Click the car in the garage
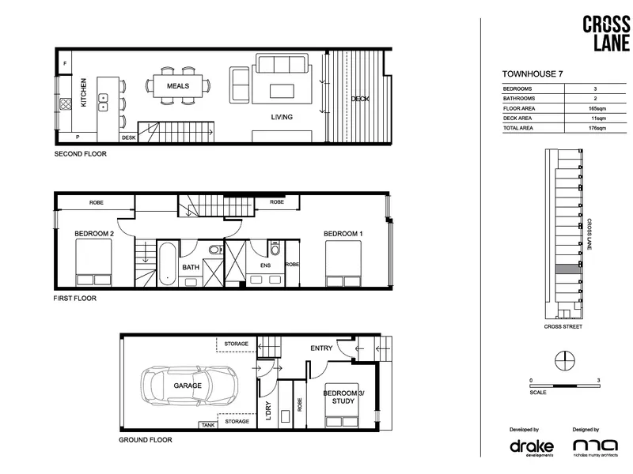point(189,386)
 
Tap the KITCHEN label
point(84,92)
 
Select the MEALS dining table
point(177,86)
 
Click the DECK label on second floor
point(360,99)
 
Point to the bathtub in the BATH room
point(167,263)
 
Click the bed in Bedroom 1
point(343,264)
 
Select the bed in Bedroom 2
point(93,262)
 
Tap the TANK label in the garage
point(208,425)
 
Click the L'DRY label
point(269,411)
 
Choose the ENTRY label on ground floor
point(321,348)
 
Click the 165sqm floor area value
point(597,108)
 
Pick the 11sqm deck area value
point(598,118)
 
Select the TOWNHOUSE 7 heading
point(533,73)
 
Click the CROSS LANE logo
point(606,33)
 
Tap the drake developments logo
point(532,447)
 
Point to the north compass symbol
point(565,360)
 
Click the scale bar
point(565,386)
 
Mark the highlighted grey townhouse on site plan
point(568,269)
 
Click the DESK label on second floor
point(129,137)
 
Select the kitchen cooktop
point(66,104)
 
